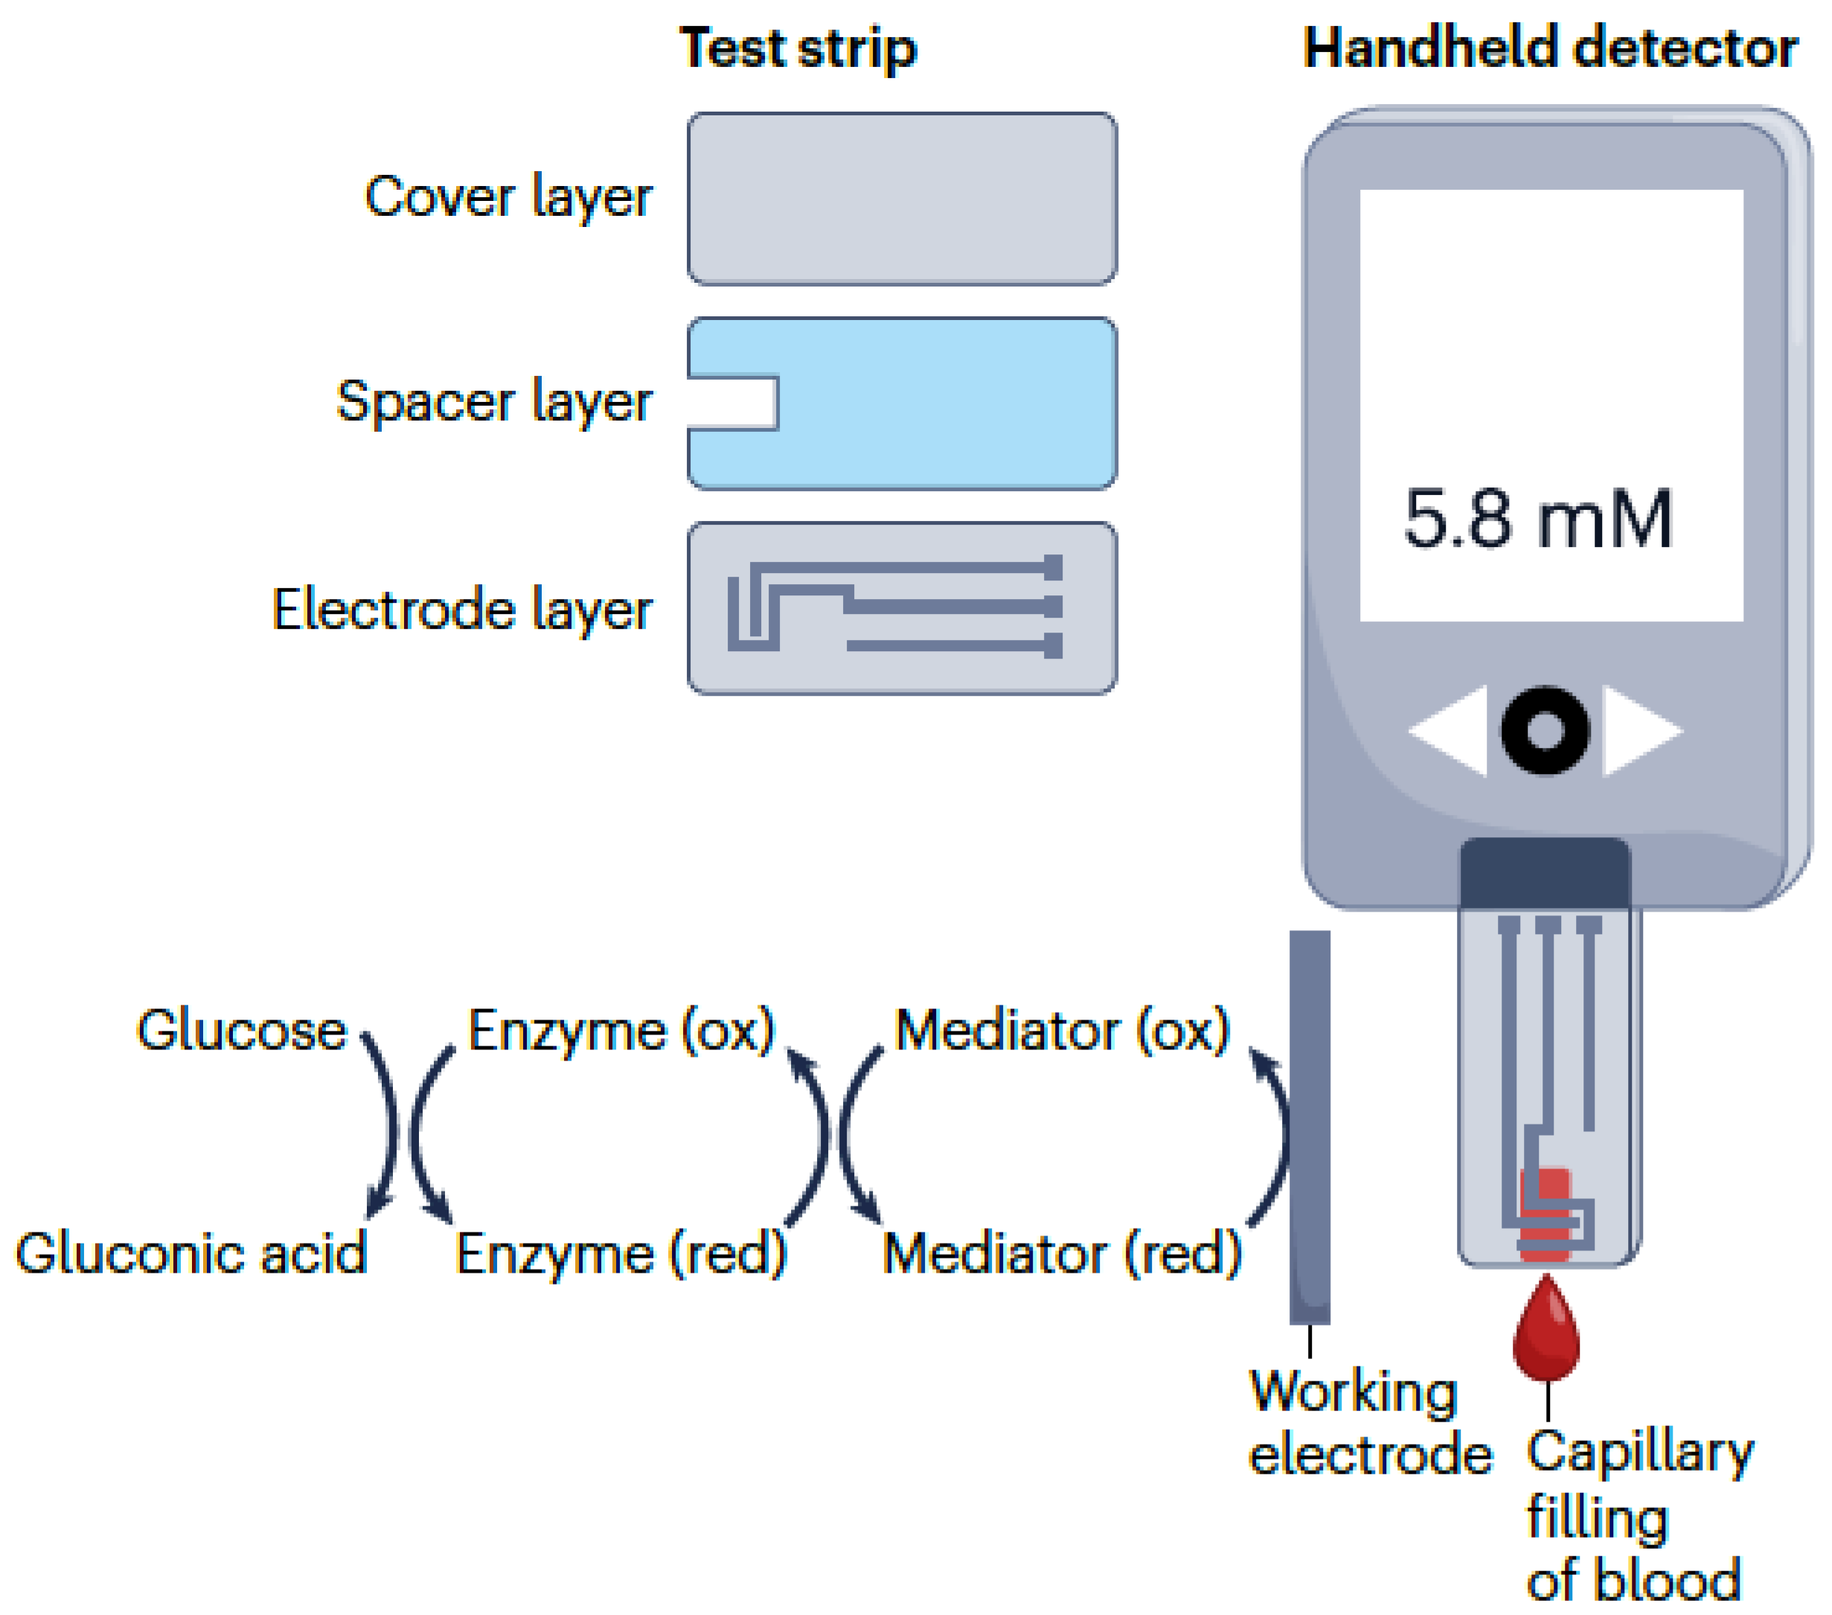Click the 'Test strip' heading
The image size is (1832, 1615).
click(x=797, y=48)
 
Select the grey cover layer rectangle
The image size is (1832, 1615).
click(x=902, y=199)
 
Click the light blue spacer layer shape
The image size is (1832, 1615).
click(x=941, y=403)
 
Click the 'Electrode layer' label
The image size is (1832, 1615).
click(x=461, y=610)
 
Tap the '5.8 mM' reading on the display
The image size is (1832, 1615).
click(x=1538, y=519)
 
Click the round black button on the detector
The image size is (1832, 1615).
click(x=1544, y=730)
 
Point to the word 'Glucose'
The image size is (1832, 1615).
click(x=241, y=1030)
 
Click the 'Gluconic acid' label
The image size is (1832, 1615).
click(x=191, y=1252)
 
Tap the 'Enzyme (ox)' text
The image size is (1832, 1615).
click(x=621, y=1030)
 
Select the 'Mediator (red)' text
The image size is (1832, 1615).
click(x=1061, y=1252)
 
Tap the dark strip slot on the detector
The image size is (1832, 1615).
click(x=1544, y=873)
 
